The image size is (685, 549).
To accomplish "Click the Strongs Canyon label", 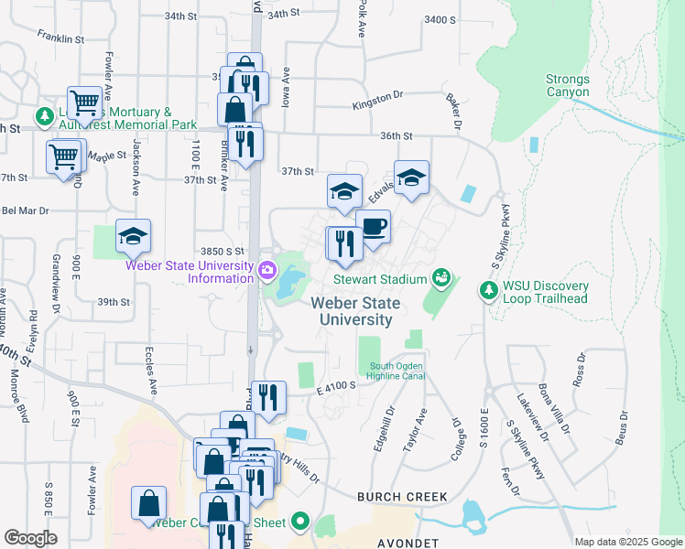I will (x=568, y=85).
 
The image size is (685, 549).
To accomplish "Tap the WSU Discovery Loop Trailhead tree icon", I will (x=488, y=290).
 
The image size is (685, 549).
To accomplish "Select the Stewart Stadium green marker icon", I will (x=441, y=275).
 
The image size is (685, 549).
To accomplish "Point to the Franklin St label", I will (x=60, y=38).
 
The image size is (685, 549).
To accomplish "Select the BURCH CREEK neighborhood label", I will (x=402, y=497).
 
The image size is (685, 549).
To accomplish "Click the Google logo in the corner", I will (x=30, y=538).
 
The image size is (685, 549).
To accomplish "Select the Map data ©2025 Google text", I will (x=629, y=543).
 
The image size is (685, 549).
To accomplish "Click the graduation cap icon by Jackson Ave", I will (x=133, y=237).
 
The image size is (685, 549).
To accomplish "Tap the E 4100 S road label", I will (x=336, y=387).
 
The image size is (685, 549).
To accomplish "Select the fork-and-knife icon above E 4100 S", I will (x=268, y=397).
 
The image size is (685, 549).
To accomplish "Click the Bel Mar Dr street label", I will (x=25, y=210).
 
